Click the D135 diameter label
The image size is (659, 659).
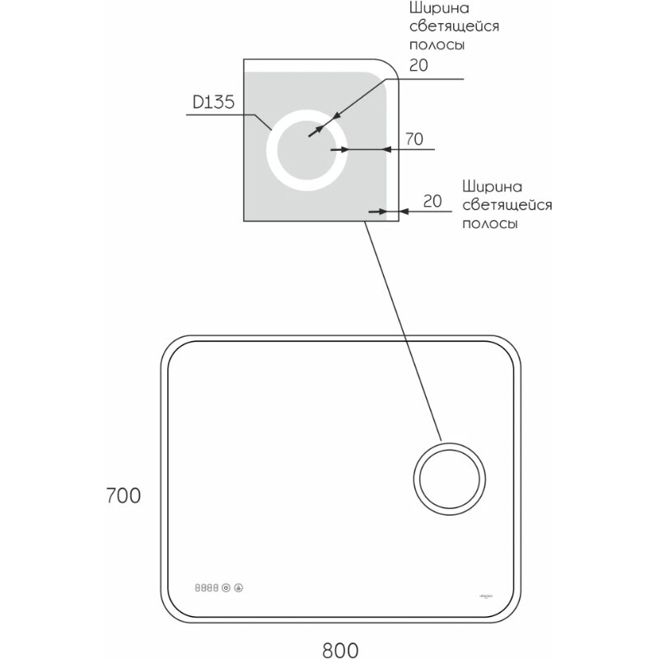pos(213,103)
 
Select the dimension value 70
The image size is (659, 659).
pos(414,139)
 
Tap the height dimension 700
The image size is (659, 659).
pos(124,496)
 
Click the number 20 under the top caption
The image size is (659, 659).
pos(418,66)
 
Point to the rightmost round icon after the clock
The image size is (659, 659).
pos(239,588)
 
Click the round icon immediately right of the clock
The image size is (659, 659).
pos(226,588)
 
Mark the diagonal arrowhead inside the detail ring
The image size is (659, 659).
pos(314,132)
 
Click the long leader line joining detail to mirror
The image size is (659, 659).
pos(404,329)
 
